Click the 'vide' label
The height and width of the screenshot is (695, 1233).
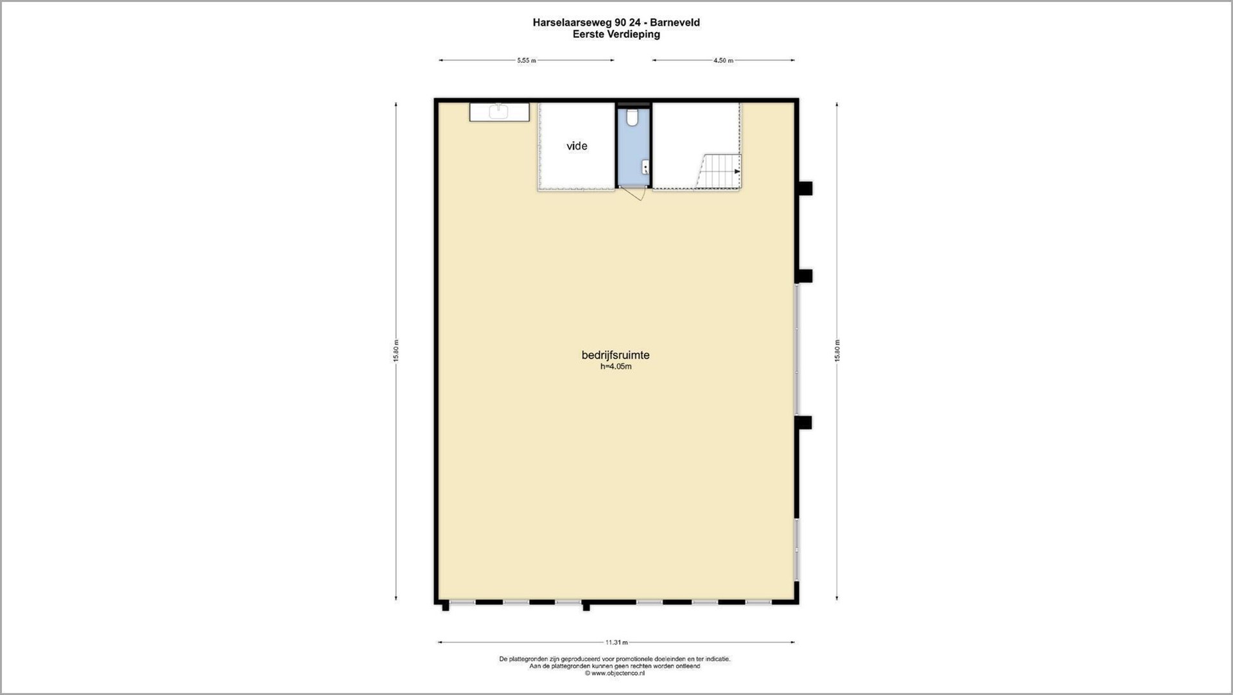point(577,146)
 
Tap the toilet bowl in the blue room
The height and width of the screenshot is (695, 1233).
point(633,117)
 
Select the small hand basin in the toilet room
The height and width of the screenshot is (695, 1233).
point(645,167)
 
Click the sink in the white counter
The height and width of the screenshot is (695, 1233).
point(498,112)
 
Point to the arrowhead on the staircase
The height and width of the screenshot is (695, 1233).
point(737,171)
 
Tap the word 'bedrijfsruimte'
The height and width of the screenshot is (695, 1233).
point(615,355)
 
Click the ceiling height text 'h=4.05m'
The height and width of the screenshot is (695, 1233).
point(616,366)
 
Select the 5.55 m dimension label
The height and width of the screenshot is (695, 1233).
point(527,60)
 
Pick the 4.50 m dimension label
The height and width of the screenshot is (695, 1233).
point(723,60)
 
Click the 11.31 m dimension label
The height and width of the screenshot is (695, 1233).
point(616,642)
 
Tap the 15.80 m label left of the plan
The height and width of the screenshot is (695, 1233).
point(396,350)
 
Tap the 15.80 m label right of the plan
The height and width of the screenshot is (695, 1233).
point(837,350)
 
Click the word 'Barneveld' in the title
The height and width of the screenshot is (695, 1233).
point(675,22)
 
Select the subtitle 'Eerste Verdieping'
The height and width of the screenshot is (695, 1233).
point(616,34)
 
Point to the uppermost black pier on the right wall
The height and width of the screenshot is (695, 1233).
point(804,188)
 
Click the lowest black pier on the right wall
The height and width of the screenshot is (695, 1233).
point(803,422)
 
